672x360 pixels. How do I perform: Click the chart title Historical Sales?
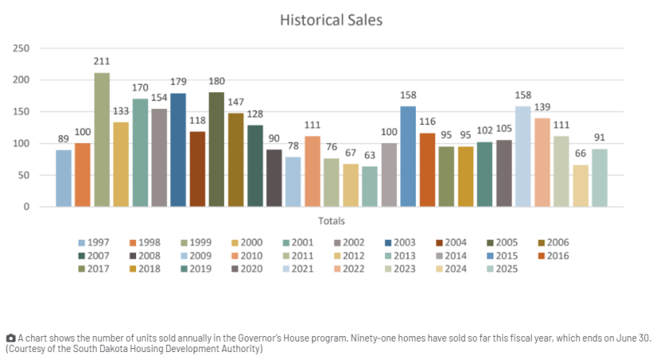point(330,19)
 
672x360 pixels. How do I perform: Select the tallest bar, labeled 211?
point(102,140)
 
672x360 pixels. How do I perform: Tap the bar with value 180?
point(216,150)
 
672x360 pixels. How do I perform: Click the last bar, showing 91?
point(599,178)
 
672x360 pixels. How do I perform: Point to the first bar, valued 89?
point(63,178)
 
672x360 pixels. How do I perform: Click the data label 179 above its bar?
point(178,81)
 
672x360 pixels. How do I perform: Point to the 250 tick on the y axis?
point(22,49)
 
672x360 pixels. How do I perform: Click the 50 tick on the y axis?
point(25,175)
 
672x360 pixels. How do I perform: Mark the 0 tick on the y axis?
point(27,207)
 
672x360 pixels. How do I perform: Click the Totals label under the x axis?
point(331,221)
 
